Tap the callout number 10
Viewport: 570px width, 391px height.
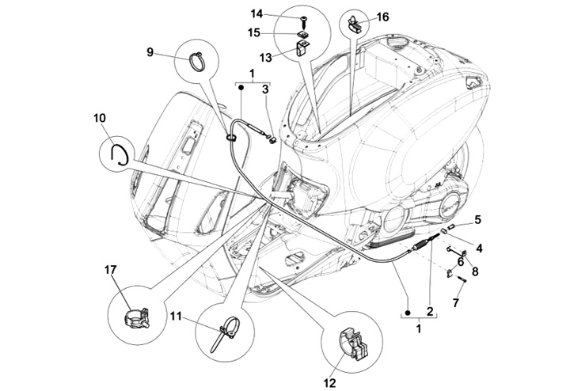point(99,119)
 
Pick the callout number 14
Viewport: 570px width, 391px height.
point(256,13)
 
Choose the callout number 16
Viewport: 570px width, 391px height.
point(383,16)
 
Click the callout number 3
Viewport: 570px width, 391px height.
point(266,91)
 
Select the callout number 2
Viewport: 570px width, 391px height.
point(430,310)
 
